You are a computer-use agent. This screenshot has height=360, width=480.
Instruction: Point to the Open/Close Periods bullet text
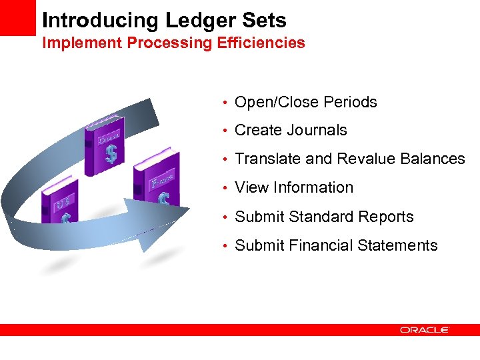pyautogui.click(x=306, y=102)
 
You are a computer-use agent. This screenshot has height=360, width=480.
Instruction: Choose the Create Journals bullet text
pyautogui.click(x=291, y=131)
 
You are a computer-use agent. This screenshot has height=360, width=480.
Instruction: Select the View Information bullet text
pyautogui.click(x=294, y=188)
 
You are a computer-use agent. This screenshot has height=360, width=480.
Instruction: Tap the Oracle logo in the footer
pyautogui.click(x=425, y=330)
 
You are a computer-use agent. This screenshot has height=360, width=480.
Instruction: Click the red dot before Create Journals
pyautogui.click(x=227, y=131)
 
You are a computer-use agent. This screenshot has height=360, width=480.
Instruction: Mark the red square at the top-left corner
pyautogui.click(x=17, y=17)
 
